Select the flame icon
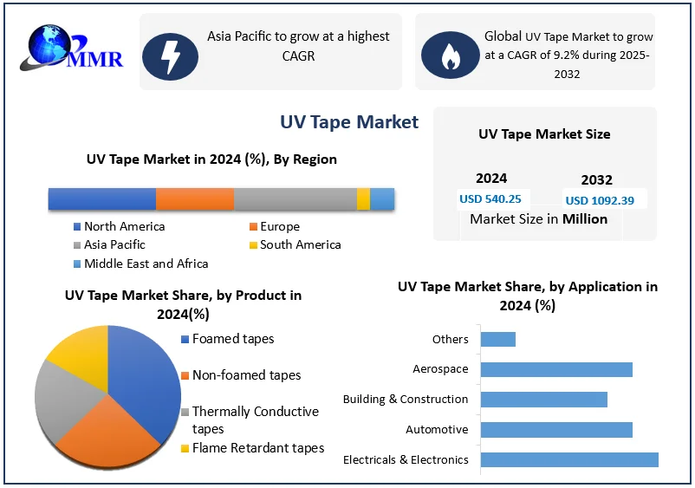(449, 55)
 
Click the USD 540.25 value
(490, 198)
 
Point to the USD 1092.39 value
(600, 200)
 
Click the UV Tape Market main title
(349, 122)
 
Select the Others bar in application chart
(497, 339)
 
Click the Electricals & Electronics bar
(568, 459)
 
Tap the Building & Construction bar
(543, 399)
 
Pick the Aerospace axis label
(440, 369)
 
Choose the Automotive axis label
(437, 430)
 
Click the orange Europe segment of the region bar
(195, 198)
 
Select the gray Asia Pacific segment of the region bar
(295, 198)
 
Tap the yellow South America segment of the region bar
(363, 198)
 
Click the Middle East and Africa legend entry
(146, 264)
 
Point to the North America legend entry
(124, 226)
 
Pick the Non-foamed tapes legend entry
(246, 375)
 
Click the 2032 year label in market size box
(596, 180)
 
